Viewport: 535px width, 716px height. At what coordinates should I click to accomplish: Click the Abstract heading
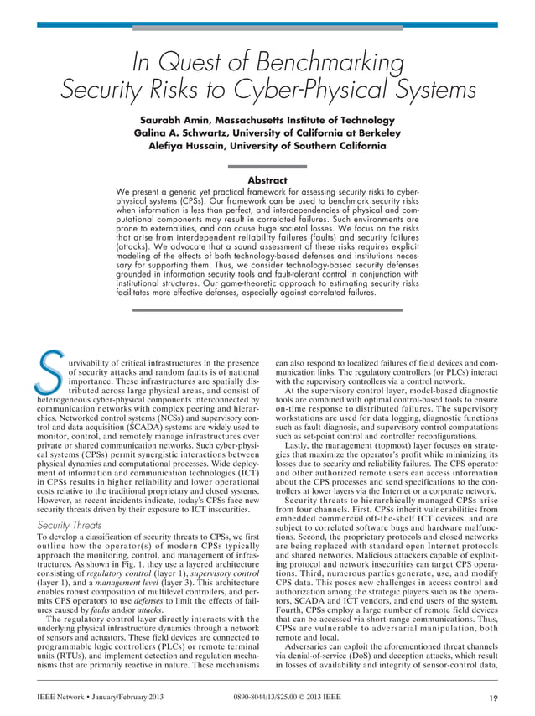(267, 180)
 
